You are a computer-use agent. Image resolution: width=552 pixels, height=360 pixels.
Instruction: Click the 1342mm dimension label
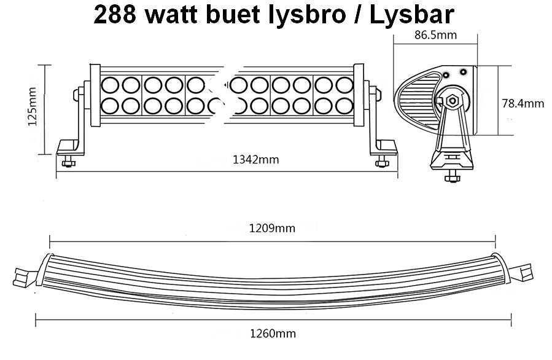tap(256, 160)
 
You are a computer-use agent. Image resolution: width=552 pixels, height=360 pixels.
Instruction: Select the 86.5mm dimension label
tap(435, 35)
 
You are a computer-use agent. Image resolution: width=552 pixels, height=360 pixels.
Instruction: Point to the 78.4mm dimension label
tap(523, 103)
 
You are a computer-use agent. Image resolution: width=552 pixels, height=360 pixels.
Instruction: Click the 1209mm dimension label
tap(272, 229)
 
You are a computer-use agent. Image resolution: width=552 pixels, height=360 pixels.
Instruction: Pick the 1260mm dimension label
tap(273, 334)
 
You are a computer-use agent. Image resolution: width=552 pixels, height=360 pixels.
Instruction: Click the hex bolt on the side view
tap(454, 100)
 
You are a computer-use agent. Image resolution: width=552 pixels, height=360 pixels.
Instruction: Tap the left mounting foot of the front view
tap(69, 147)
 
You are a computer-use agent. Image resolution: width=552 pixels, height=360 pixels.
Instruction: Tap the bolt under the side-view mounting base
tap(454, 174)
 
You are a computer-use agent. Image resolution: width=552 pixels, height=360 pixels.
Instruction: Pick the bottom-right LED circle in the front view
tap(344, 106)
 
